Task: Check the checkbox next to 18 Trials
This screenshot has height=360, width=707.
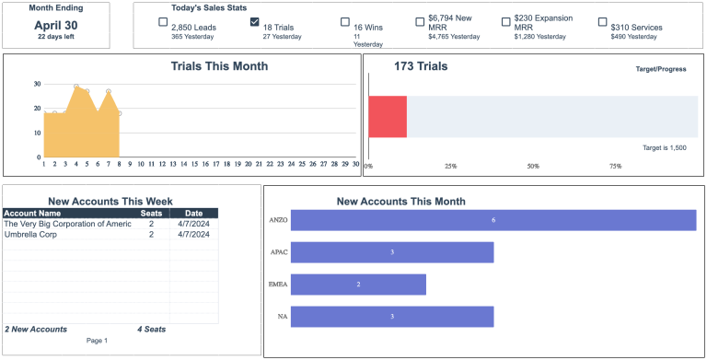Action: click(255, 22)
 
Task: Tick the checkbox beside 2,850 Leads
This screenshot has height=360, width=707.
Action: click(163, 22)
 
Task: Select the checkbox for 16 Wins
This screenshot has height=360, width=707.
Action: click(345, 22)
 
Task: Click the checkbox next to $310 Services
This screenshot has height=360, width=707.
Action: click(602, 22)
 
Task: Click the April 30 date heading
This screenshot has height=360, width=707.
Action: click(56, 25)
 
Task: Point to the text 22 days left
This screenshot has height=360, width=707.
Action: click(56, 38)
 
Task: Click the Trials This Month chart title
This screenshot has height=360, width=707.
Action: click(219, 66)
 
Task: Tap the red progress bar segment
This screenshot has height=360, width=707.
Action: click(388, 116)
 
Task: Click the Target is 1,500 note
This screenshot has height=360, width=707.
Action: click(664, 147)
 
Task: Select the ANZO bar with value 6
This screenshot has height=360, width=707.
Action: click(493, 221)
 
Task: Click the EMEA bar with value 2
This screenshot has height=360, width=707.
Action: click(358, 285)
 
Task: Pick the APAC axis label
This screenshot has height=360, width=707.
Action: click(278, 252)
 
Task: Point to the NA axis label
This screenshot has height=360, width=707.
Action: click(282, 317)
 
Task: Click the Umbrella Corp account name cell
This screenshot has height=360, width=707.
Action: click(31, 235)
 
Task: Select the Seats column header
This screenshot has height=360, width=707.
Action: click(151, 214)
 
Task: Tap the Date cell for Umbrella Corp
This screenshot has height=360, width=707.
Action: click(193, 235)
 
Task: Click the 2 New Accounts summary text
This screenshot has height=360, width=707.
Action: click(36, 329)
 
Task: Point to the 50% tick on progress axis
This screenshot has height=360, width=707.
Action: click(533, 167)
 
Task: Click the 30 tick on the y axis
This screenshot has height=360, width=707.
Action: click(37, 84)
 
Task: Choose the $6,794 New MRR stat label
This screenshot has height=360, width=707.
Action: click(450, 22)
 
